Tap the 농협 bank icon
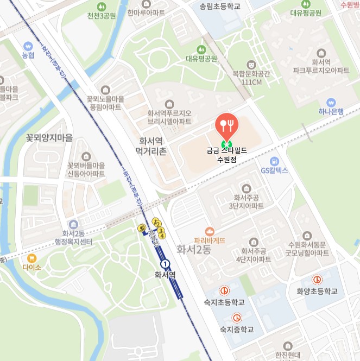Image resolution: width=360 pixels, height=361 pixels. (x=28, y=46)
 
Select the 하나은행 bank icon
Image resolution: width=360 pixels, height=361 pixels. (x=331, y=102)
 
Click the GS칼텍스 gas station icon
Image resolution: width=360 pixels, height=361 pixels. (x=274, y=161)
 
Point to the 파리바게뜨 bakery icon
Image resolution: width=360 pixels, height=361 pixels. (x=209, y=231)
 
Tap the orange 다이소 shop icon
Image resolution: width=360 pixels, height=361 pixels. (x=31, y=258)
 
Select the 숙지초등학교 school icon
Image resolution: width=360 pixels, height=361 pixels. (x=224, y=291)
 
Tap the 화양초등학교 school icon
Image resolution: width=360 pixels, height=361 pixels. (x=317, y=280)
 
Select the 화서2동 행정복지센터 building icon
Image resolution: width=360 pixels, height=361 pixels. (x=73, y=224)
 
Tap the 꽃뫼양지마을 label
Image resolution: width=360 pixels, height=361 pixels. (x=49, y=138)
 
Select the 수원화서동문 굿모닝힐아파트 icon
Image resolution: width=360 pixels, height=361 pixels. (x=308, y=236)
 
